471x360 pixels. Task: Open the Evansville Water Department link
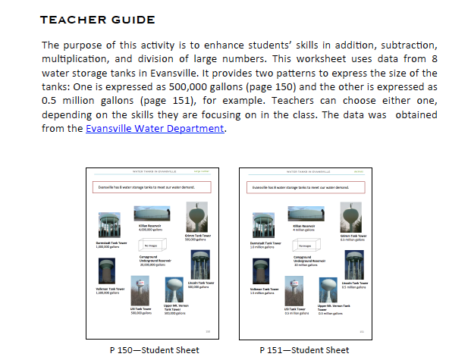[155, 129]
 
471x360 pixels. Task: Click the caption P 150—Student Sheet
[155, 349]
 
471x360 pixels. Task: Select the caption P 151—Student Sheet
[304, 349]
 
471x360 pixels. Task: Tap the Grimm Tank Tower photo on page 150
[197, 218]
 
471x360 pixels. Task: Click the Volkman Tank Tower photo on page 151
[262, 270]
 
